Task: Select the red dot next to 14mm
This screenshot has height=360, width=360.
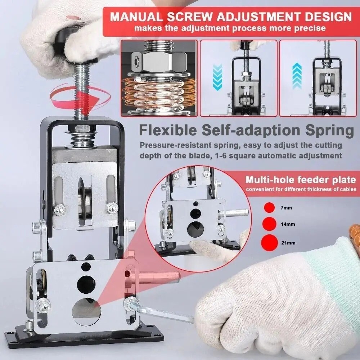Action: [269, 224]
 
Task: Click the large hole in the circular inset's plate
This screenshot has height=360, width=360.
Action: [195, 228]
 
